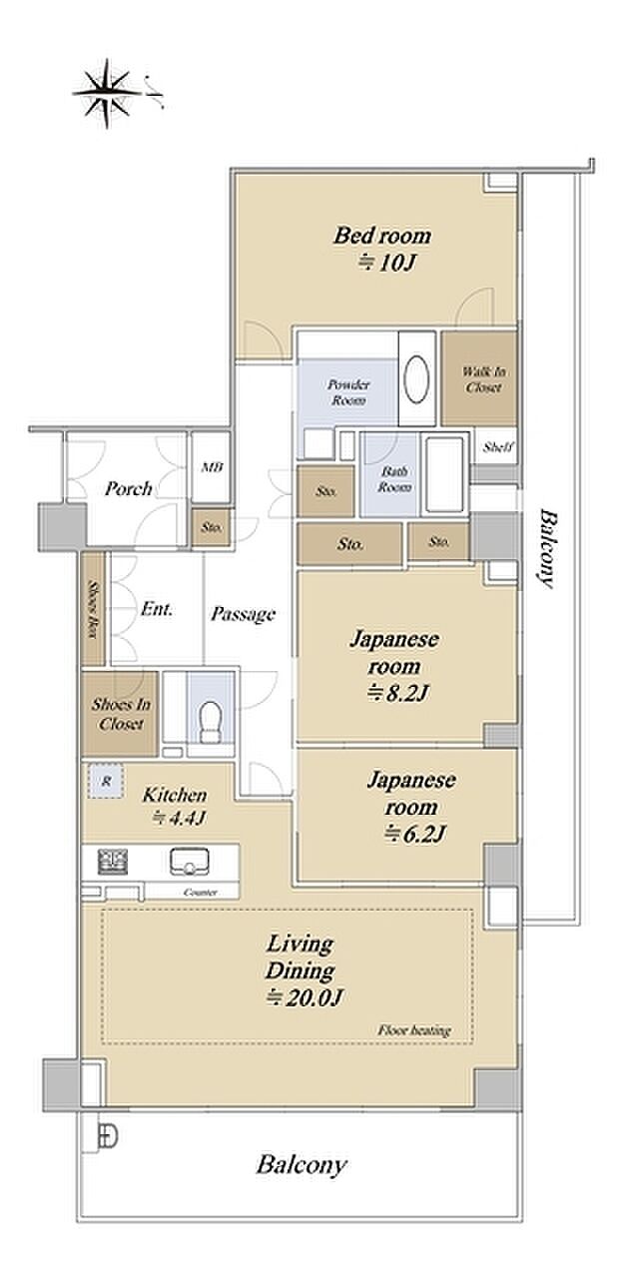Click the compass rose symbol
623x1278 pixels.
(107, 93)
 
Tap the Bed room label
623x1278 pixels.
(382, 235)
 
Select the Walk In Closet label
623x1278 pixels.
(482, 379)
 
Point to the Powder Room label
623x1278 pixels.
(348, 392)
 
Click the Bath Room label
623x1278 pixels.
(394, 479)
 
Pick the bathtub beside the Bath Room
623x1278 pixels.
(444, 475)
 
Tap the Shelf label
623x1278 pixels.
(498, 447)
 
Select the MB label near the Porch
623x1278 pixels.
(212, 467)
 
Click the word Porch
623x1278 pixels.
(129, 489)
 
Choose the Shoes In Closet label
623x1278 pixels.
(121, 714)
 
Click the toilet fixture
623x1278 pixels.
(211, 721)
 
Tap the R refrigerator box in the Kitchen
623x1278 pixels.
(105, 781)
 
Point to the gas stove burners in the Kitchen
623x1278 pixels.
(113, 862)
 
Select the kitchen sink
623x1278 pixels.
(190, 862)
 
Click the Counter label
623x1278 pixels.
(201, 892)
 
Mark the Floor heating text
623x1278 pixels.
(414, 1030)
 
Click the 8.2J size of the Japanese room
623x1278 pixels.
(397, 693)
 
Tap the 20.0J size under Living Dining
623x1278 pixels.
(305, 996)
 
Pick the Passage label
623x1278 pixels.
(243, 614)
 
